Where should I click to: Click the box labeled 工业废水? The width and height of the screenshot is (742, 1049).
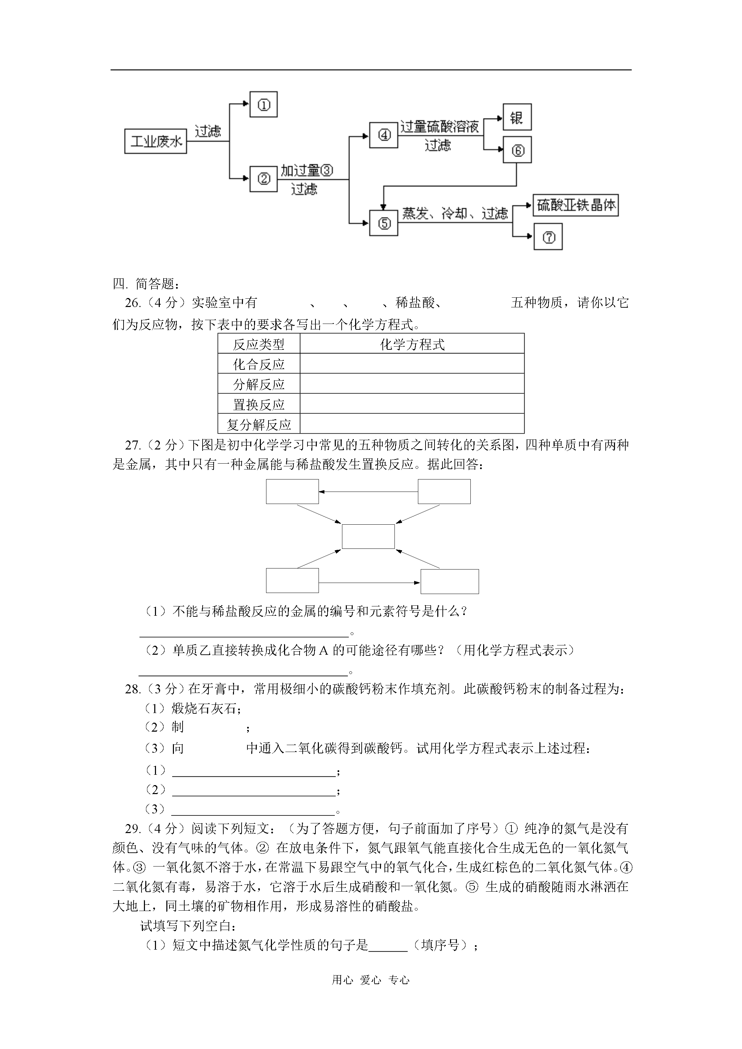(155, 141)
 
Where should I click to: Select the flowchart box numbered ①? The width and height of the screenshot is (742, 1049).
(263, 105)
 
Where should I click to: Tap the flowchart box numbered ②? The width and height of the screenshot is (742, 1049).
(263, 179)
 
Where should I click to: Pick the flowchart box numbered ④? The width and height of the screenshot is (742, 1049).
(383, 135)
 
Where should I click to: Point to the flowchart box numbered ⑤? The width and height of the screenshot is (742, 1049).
(383, 223)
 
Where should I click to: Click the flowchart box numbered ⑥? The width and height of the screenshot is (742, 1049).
(517, 150)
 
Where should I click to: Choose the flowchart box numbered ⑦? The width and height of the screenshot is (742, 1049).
(548, 237)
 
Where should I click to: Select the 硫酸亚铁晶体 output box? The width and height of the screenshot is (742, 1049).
(576, 205)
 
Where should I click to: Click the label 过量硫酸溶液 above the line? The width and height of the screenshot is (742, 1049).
(439, 127)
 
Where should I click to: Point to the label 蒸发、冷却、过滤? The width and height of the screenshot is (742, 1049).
(455, 214)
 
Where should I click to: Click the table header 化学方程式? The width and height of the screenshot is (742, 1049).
(412, 345)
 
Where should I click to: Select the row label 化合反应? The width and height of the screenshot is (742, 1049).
(259, 365)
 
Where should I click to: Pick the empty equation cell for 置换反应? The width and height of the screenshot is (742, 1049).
(412, 404)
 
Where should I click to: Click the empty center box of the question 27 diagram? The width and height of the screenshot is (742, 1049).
(368, 536)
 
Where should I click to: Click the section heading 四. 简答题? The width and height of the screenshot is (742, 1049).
(146, 284)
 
